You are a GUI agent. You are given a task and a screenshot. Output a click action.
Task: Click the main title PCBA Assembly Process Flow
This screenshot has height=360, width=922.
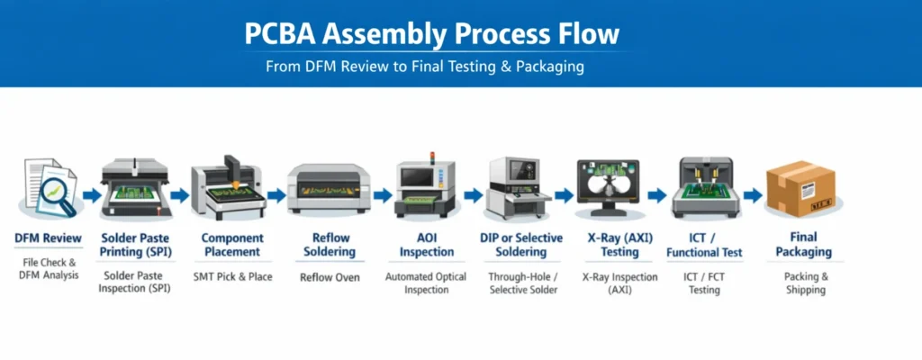[432, 34]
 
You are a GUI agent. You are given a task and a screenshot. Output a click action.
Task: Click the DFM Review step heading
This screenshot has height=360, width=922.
[49, 238]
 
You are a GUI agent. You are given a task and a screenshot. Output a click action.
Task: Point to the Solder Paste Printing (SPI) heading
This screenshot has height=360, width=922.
[138, 245]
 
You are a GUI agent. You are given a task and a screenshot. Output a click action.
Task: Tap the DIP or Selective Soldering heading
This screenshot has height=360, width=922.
[521, 245]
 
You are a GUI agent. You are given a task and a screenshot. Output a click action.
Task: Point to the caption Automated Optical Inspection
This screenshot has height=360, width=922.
[426, 283]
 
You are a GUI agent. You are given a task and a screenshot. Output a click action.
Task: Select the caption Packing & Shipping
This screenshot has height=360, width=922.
[805, 283]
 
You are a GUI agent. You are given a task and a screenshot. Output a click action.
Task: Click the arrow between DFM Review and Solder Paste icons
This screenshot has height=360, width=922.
[91, 194]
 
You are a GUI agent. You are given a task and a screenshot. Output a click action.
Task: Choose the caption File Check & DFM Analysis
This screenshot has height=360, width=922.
[50, 268]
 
